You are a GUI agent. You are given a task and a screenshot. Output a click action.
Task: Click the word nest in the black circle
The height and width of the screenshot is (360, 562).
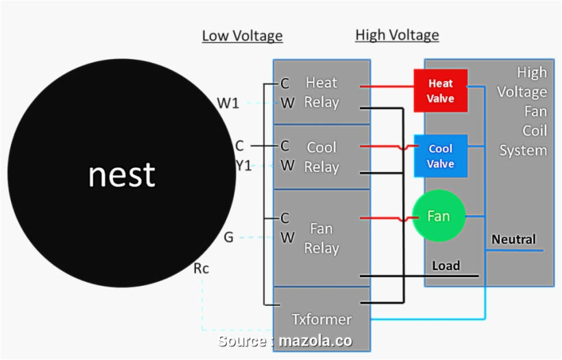[121, 175]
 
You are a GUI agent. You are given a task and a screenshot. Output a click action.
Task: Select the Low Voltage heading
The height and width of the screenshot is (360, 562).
[242, 36]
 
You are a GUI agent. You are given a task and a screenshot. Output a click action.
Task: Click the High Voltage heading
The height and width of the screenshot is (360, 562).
[397, 35]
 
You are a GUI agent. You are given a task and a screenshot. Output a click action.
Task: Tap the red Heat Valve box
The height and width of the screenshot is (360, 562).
[441, 91]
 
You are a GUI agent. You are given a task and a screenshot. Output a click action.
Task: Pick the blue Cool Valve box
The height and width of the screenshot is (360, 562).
[441, 156]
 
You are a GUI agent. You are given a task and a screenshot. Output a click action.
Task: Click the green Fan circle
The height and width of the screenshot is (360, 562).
[439, 216]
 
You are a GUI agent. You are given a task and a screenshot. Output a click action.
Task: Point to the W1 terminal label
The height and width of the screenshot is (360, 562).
[228, 104]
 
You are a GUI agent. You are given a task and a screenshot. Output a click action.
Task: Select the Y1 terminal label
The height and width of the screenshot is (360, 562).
[243, 165]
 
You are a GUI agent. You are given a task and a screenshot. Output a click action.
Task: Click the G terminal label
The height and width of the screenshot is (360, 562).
[229, 237]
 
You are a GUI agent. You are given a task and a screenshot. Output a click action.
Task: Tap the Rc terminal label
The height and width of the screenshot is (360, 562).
[201, 269]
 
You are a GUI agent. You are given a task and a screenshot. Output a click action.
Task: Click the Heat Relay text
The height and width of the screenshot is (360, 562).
[321, 93]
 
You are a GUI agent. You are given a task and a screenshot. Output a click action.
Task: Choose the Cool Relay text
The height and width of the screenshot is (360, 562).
[321, 157]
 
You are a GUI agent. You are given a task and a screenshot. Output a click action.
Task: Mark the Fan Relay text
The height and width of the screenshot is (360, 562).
[321, 237]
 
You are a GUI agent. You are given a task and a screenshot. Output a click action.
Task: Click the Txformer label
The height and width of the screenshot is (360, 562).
[321, 319]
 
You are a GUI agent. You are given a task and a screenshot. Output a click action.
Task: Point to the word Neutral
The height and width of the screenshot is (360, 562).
[513, 240]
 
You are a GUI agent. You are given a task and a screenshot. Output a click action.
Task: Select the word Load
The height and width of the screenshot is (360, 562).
[445, 265]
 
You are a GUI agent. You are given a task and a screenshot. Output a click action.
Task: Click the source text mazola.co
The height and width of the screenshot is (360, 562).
[316, 341]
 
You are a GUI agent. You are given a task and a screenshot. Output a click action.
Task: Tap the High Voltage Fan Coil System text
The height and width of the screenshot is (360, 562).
[523, 111]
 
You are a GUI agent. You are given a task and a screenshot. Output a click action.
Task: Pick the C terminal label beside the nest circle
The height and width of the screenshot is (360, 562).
[239, 145]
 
